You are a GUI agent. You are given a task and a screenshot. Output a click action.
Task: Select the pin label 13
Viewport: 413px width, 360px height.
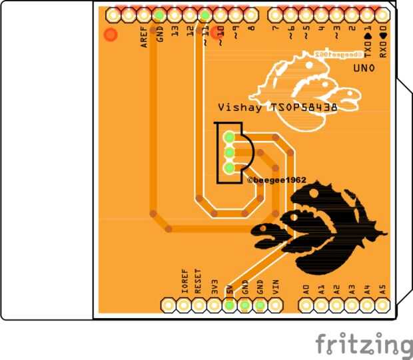click(175, 31)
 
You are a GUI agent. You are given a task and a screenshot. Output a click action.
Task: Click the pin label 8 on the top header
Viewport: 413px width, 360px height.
click(251, 29)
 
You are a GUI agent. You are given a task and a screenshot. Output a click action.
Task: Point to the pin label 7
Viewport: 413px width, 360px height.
click(276, 29)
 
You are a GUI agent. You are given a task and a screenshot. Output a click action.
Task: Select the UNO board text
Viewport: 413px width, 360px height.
click(364, 69)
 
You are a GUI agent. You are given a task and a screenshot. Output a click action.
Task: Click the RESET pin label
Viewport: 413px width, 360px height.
click(198, 281)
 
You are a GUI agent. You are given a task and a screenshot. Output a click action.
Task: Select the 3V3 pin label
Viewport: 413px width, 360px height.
click(214, 287)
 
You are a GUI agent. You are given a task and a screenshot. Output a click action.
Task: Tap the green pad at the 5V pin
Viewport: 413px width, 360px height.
click(229, 305)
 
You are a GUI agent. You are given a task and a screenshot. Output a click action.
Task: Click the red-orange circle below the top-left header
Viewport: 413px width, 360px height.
click(111, 34)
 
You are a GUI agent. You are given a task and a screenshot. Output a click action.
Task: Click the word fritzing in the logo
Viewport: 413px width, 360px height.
click(364, 344)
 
